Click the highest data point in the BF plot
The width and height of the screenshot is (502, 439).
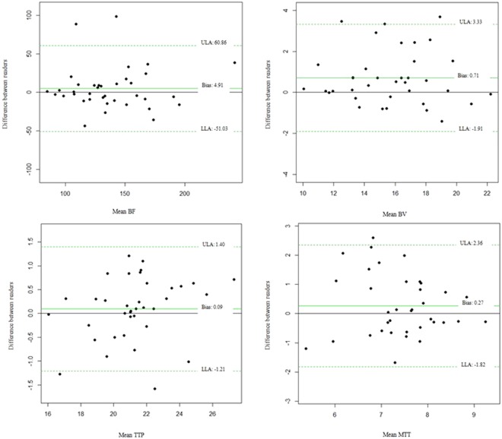(116, 16)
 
